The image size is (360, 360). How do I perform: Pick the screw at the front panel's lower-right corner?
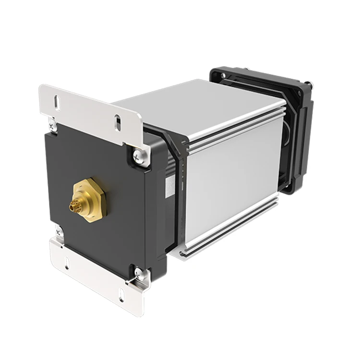(139, 274)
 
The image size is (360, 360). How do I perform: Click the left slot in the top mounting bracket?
(57, 101)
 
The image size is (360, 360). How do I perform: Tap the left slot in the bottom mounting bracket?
(67, 264)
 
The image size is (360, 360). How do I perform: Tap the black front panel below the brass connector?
(96, 240)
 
